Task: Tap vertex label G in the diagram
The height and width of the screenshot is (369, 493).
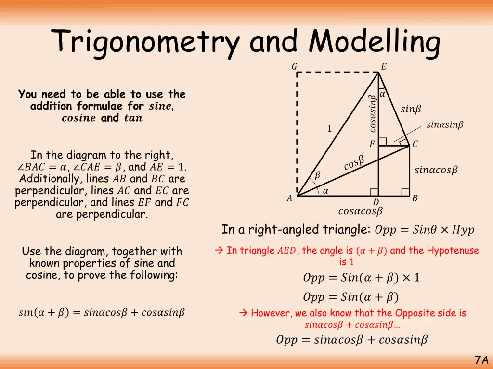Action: (294, 67)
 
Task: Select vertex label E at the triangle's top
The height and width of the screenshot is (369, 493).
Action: (383, 67)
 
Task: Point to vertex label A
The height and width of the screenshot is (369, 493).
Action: (289, 198)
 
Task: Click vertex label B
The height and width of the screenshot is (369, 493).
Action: (415, 198)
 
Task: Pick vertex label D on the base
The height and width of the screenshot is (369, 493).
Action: (376, 203)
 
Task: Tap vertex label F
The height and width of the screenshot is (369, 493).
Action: (372, 144)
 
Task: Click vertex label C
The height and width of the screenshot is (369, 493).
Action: (415, 144)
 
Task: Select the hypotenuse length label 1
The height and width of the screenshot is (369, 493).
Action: (329, 129)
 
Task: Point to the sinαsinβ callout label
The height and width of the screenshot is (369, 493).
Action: (445, 125)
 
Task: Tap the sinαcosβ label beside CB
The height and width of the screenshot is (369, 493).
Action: (436, 170)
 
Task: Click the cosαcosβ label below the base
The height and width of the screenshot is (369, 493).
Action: (360, 211)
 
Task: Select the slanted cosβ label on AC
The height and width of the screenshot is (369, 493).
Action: (354, 163)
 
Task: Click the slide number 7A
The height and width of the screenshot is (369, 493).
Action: (481, 360)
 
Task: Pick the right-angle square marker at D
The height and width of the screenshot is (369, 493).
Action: (375, 192)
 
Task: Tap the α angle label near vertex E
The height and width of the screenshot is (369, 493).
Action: (382, 95)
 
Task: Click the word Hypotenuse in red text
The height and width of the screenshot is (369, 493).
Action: (453, 250)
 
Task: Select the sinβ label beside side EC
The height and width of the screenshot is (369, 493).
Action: (411, 110)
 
